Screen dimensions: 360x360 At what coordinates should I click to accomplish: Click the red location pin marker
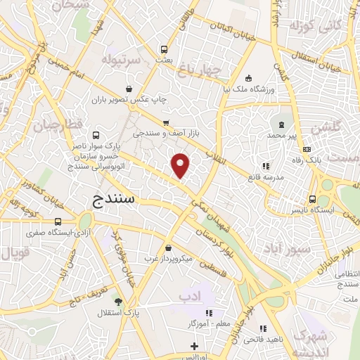181,165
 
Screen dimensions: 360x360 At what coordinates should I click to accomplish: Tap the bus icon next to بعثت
165,49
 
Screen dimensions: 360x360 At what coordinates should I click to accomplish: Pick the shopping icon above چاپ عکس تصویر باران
129,89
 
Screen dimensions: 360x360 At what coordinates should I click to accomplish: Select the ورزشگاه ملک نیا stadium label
246,89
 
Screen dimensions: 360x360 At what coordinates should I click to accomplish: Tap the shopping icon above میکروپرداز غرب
168,247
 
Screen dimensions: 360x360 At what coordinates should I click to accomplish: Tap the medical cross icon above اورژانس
195,346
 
